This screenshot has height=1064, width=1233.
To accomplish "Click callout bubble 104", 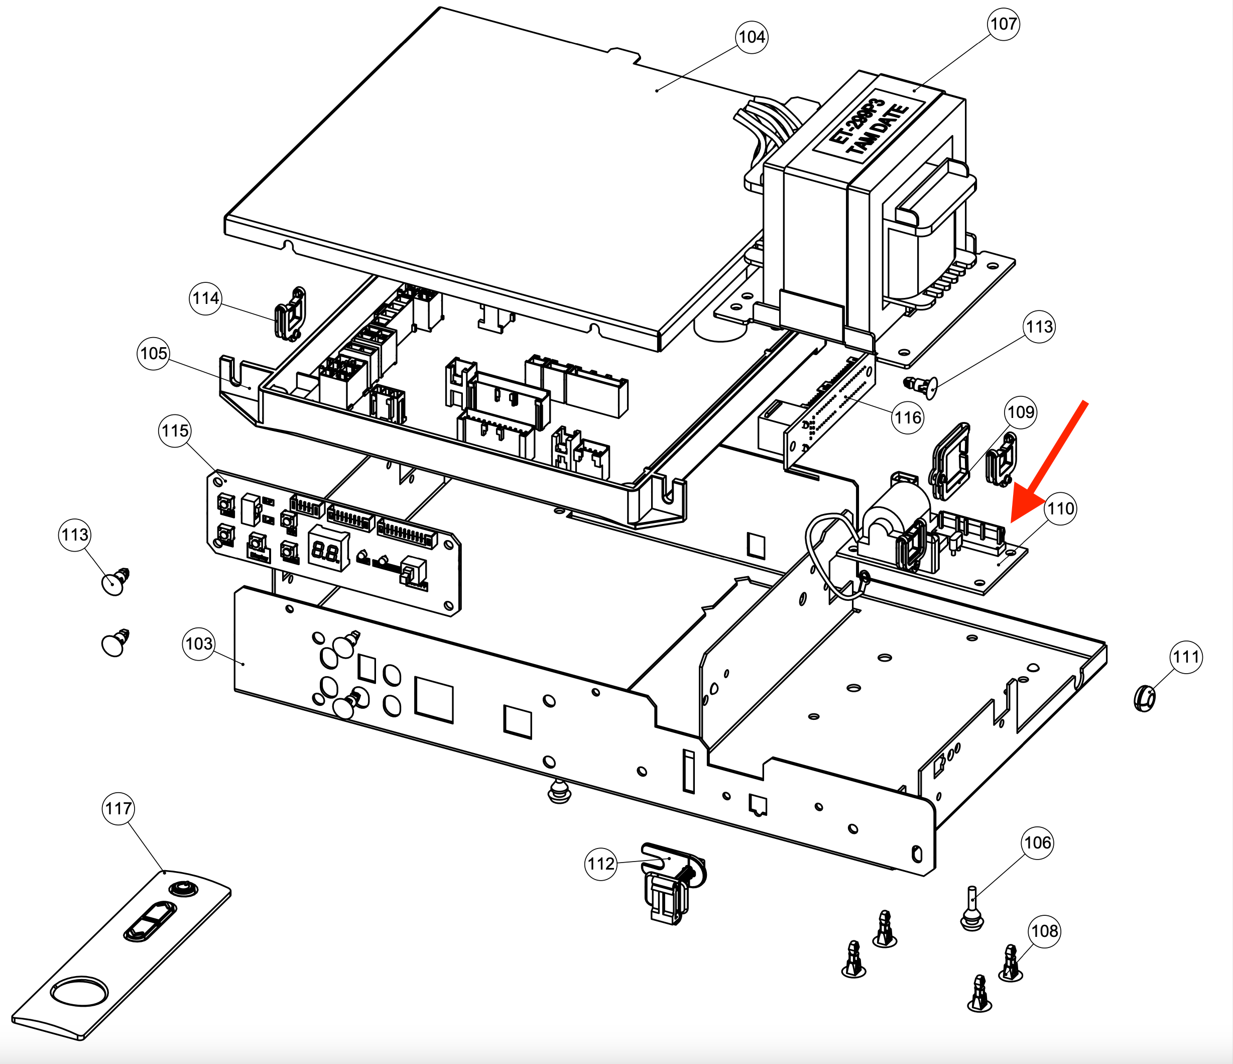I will pos(751,37).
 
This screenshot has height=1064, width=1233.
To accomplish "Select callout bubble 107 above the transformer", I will pos(1003,24).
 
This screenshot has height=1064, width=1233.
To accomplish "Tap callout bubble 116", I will pos(908,417).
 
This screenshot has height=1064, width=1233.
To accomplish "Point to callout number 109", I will pos(1021,412).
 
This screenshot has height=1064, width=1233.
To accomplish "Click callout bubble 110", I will pos(1060,508).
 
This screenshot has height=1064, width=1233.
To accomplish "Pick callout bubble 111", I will pos(1185,657).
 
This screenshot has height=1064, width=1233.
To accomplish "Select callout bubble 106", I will pos(1038,842).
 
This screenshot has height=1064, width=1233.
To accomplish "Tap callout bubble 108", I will pos(1044,931).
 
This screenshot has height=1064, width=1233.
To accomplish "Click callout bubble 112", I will pos(600,864).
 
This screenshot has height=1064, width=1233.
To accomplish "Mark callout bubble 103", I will pos(199,644).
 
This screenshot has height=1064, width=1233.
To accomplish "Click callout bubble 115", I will pos(175,431).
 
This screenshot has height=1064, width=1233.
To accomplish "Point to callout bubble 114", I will pos(206,298).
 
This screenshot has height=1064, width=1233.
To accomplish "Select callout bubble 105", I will pos(154,353).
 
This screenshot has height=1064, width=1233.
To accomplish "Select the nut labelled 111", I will pos(1144,698).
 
